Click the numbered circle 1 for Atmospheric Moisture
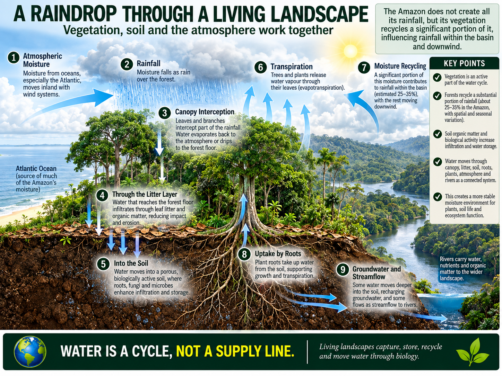click(x=14, y=57)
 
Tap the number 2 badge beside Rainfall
click(x=127, y=64)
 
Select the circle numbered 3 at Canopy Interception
click(x=164, y=113)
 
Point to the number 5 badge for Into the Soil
click(x=103, y=264)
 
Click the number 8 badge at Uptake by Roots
click(x=244, y=254)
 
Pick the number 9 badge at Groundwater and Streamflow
click(x=343, y=269)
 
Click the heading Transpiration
click(x=292, y=67)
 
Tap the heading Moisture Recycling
click(x=400, y=66)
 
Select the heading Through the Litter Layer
click(x=145, y=194)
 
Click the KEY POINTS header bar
click(x=464, y=63)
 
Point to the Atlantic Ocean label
click(x=36, y=169)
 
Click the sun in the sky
click(x=350, y=51)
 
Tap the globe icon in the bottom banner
click(x=30, y=352)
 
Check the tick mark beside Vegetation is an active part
click(x=437, y=78)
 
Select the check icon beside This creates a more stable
click(x=438, y=197)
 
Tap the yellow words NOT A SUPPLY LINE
click(x=235, y=351)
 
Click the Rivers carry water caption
click(x=463, y=269)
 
